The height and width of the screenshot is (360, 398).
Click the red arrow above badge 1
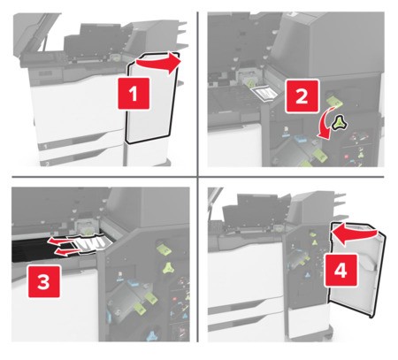click(162, 64)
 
